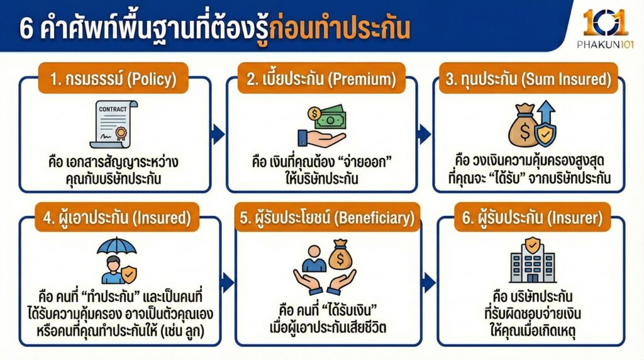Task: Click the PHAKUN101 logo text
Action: coord(604,44)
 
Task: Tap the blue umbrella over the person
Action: coord(116,247)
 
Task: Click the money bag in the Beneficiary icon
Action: coord(340,253)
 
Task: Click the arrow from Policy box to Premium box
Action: coord(218,133)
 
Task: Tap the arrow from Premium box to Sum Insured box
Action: coord(425,133)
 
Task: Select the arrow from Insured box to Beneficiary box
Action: coord(227,283)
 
